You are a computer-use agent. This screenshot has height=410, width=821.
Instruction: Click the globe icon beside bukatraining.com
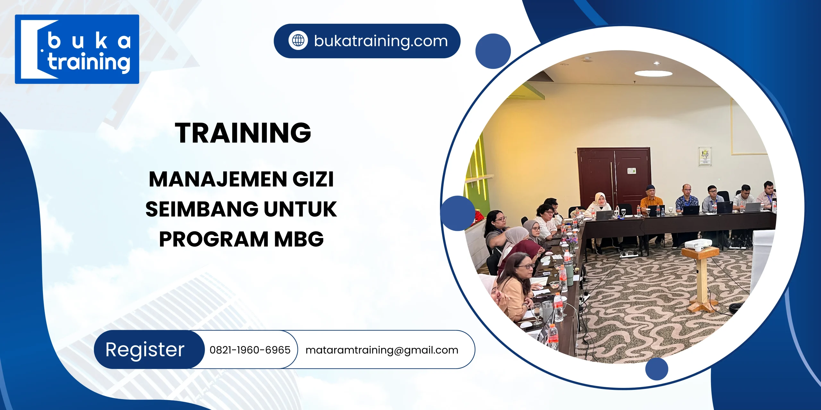pyautogui.click(x=298, y=41)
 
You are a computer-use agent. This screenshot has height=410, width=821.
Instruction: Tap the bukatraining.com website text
pyautogui.click(x=381, y=41)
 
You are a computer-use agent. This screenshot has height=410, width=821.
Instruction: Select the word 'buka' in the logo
pyautogui.click(x=89, y=41)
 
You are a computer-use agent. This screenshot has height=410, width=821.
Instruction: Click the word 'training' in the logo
pyautogui.click(x=89, y=62)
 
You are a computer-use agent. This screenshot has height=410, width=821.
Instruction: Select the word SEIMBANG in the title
pyautogui.click(x=202, y=209)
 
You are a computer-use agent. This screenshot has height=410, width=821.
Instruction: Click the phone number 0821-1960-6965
pyautogui.click(x=250, y=350)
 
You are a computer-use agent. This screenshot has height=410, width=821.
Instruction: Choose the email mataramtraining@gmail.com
pyautogui.click(x=382, y=350)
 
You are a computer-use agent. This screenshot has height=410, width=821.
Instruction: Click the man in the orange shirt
pyautogui.click(x=651, y=199)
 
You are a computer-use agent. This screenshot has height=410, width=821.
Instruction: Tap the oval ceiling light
pyautogui.click(x=653, y=73)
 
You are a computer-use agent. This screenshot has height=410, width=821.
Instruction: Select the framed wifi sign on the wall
pyautogui.click(x=705, y=156)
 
